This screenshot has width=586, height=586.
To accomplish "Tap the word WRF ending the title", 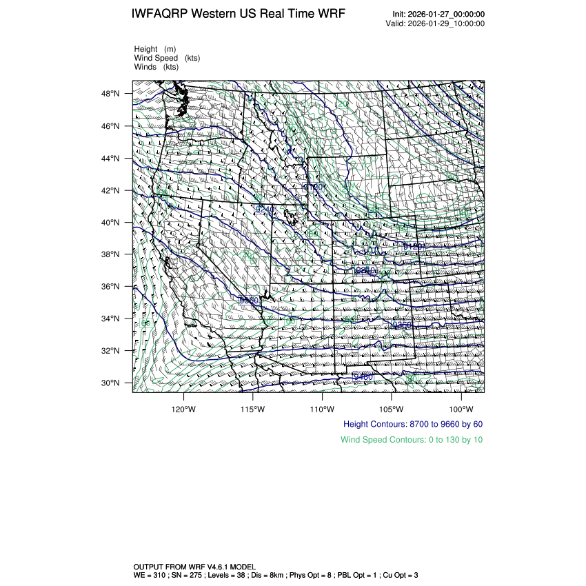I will pos(331,14).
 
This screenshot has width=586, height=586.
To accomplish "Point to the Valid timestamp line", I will pos(435,23).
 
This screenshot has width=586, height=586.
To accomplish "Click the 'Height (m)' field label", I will pos(155,49).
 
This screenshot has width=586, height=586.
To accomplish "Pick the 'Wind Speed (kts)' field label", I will pos(167,58).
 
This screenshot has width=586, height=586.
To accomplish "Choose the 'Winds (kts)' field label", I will pos(156,67).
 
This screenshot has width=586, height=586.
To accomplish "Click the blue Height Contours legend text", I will pos(412,424).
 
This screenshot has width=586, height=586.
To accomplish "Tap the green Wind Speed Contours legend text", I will pos(412,439).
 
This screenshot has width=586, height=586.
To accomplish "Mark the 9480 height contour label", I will pos(363,376).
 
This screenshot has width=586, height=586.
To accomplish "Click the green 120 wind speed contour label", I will pos(342,104).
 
